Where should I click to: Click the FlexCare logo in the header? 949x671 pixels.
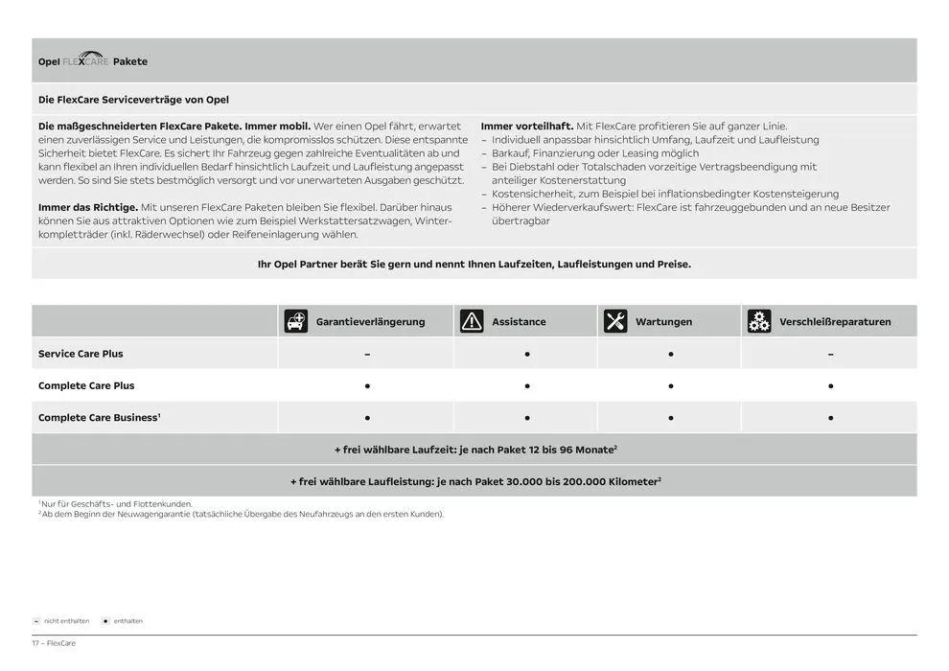click(85, 59)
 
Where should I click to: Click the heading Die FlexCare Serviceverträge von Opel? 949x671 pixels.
click(133, 100)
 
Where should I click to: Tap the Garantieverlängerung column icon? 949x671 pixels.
click(296, 321)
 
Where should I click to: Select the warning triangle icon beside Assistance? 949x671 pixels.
click(472, 321)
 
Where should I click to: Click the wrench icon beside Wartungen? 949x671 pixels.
click(615, 321)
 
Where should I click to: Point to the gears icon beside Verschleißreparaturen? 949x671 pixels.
click(759, 321)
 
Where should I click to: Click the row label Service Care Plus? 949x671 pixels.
click(81, 354)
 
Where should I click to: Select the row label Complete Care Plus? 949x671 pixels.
click(86, 385)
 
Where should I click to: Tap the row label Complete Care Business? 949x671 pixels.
click(99, 418)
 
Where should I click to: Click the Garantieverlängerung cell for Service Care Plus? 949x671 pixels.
click(367, 354)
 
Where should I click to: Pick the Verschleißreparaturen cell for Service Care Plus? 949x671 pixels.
click(830, 354)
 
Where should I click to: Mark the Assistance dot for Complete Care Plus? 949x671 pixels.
click(527, 386)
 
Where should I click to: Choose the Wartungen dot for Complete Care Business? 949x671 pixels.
click(671, 418)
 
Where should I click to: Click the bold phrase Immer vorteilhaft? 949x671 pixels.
click(526, 127)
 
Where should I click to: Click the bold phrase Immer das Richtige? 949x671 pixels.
click(88, 207)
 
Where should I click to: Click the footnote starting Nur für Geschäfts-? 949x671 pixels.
click(115, 503)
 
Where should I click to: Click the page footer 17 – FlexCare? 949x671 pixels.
click(54, 643)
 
